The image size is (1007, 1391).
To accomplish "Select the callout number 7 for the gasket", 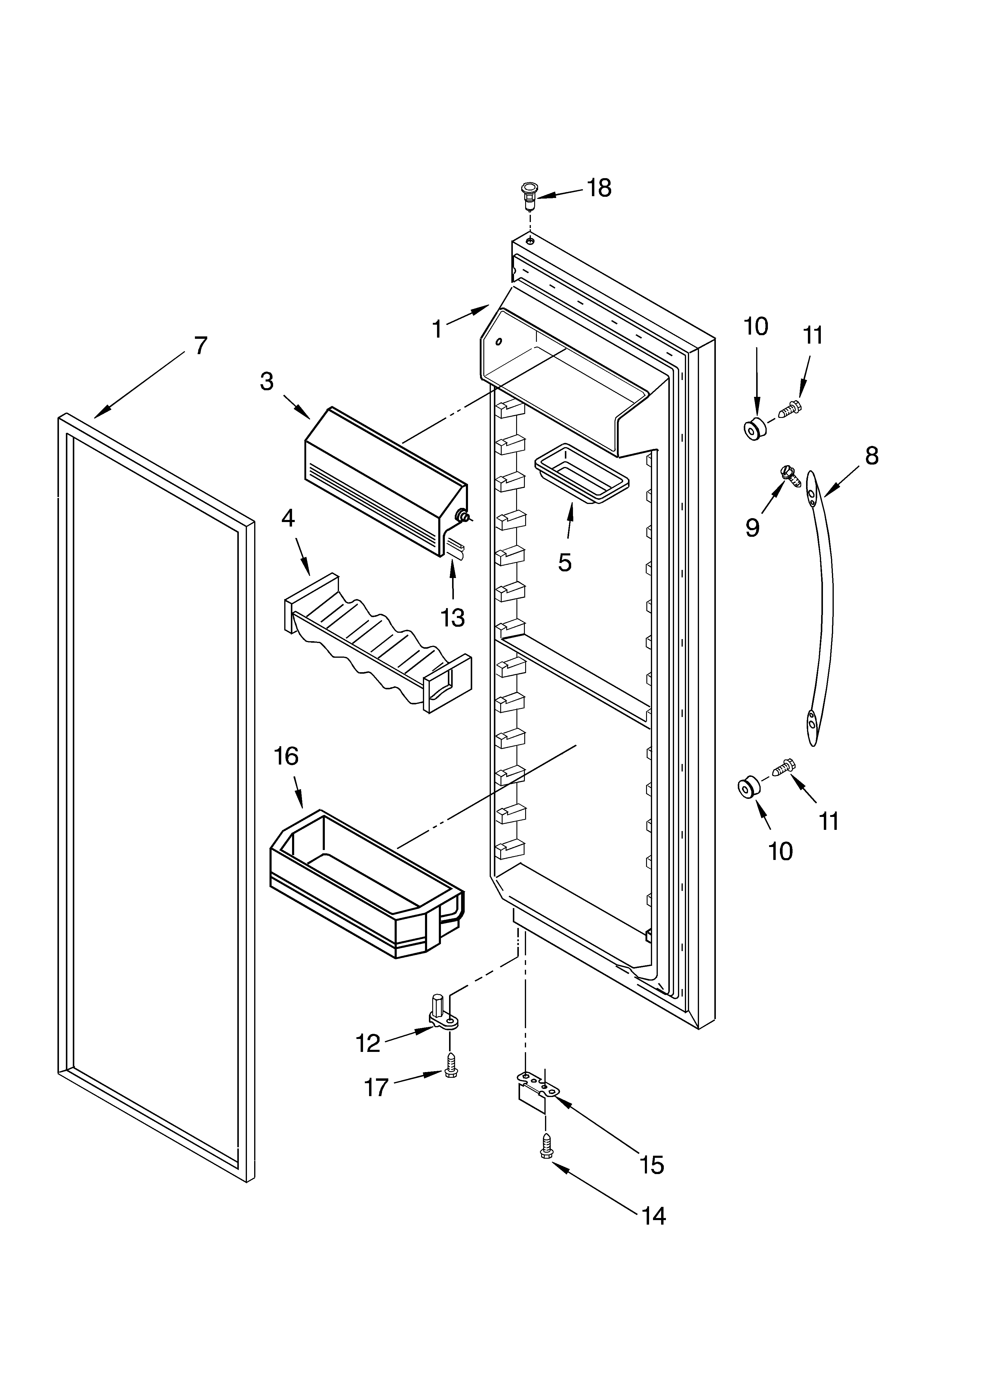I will pyautogui.click(x=201, y=346).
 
